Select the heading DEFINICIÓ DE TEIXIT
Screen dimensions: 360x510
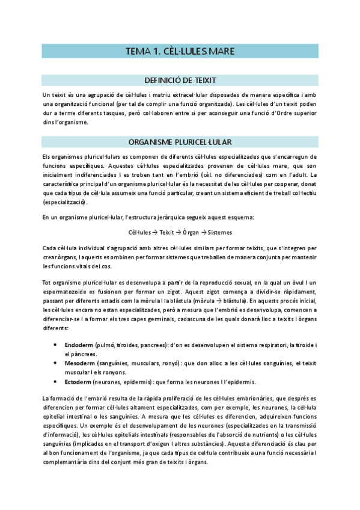[180, 79]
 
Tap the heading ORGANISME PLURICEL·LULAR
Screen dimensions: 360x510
[180, 142]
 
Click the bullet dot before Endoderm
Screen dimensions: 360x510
[56, 345]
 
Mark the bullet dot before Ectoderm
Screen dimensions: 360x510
[56, 381]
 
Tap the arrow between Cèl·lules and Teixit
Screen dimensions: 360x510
[153, 232]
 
